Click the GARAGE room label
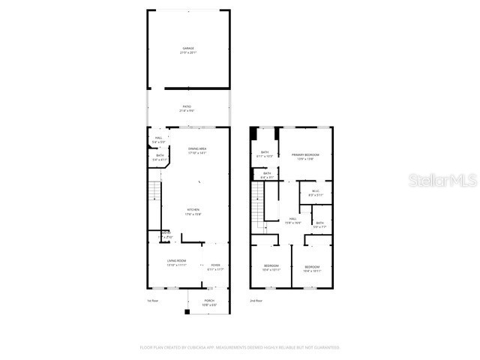click(188, 48)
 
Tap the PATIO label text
click(187, 106)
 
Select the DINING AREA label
click(197, 148)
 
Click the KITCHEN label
click(193, 211)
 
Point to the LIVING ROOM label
click(175, 261)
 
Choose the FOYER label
click(215, 265)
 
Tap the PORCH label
click(209, 301)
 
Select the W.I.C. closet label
click(316, 190)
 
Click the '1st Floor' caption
click(152, 301)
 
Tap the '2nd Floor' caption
click(256, 301)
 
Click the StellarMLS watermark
click(442, 181)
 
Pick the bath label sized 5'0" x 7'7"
click(319, 223)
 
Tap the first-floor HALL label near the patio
click(158, 138)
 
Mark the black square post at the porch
click(187, 311)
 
